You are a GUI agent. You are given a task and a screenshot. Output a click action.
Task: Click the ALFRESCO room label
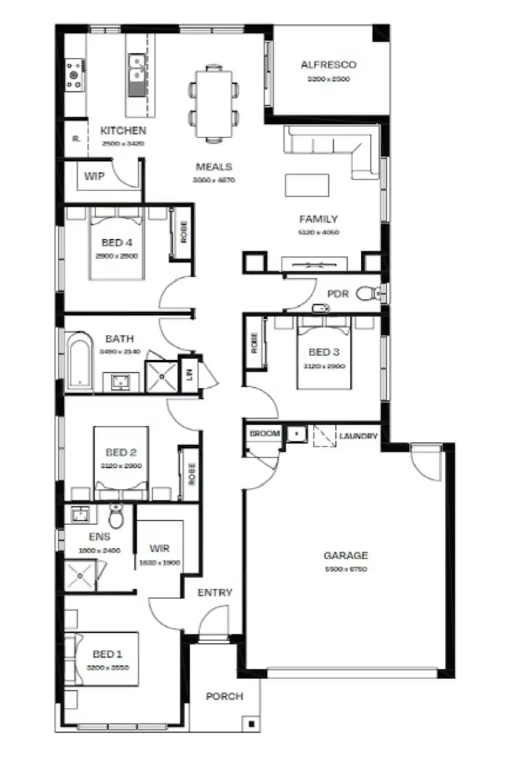coord(328,65)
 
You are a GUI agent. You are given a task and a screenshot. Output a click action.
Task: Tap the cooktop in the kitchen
coord(75,75)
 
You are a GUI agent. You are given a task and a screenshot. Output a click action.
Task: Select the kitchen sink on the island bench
coord(137,69)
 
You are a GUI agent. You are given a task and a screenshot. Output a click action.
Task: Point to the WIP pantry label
coord(94,176)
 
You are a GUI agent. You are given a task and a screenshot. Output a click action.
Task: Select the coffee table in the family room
coord(307,185)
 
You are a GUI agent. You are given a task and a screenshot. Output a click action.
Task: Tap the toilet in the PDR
coord(369,293)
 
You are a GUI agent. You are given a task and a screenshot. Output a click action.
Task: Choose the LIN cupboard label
coord(189,375)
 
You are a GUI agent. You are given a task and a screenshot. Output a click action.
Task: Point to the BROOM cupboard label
coord(264,433)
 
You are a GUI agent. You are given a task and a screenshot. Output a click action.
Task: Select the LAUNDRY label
coord(358,436)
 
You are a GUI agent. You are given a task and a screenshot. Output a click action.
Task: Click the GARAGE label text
coord(346,555)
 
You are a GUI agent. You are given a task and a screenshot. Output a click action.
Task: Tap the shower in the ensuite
coord(80,576)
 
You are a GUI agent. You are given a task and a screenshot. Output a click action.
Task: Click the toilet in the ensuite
coord(116,518)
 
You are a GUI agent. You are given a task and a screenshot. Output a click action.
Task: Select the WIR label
coord(159,548)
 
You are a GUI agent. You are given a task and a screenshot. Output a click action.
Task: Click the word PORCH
coord(225,696)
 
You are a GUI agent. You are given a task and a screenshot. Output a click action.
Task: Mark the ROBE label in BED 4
coord(184,232)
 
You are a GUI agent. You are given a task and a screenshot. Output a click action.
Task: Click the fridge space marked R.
coord(76,138)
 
